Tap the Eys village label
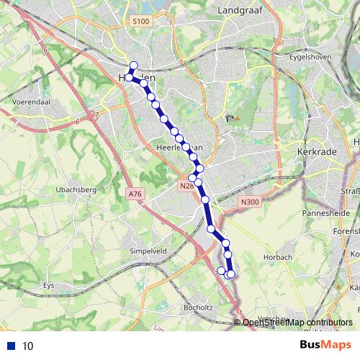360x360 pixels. click(49, 285)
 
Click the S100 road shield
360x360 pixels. click(141, 22)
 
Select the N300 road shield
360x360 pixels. click(251, 202)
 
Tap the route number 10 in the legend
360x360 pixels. click(28, 346)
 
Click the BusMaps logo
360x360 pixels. click(326, 345)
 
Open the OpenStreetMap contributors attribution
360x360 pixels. click(297, 323)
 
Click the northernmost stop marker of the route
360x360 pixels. click(133, 66)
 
